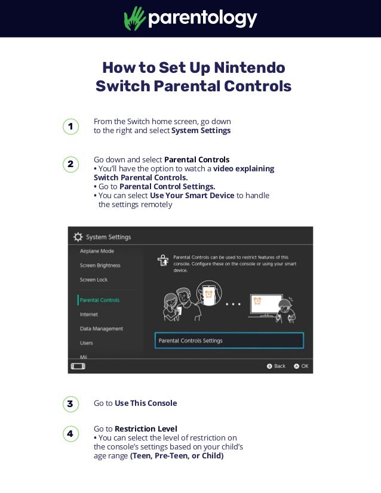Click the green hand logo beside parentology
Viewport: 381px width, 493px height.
[134, 19]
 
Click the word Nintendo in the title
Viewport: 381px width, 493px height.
[250, 67]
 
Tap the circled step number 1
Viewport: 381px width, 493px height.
[71, 127]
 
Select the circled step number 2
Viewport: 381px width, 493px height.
[71, 164]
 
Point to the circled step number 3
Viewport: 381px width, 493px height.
[71, 404]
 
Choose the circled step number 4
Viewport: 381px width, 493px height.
[71, 433]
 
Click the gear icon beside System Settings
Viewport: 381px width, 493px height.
[78, 237]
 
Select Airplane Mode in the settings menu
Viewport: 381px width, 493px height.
[97, 251]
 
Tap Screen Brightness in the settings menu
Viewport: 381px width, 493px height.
[100, 266]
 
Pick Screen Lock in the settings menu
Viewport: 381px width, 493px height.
[94, 279]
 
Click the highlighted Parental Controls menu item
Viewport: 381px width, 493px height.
[99, 300]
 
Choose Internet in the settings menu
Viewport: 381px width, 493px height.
[89, 314]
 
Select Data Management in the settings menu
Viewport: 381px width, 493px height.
[102, 328]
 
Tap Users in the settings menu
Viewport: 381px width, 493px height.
[87, 343]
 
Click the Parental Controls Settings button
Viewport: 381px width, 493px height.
[229, 341]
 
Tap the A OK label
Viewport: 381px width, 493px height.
[301, 366]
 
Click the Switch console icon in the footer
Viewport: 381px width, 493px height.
[78, 366]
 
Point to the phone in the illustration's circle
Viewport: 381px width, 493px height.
[208, 295]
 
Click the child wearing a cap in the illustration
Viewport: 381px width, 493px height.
[285, 312]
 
